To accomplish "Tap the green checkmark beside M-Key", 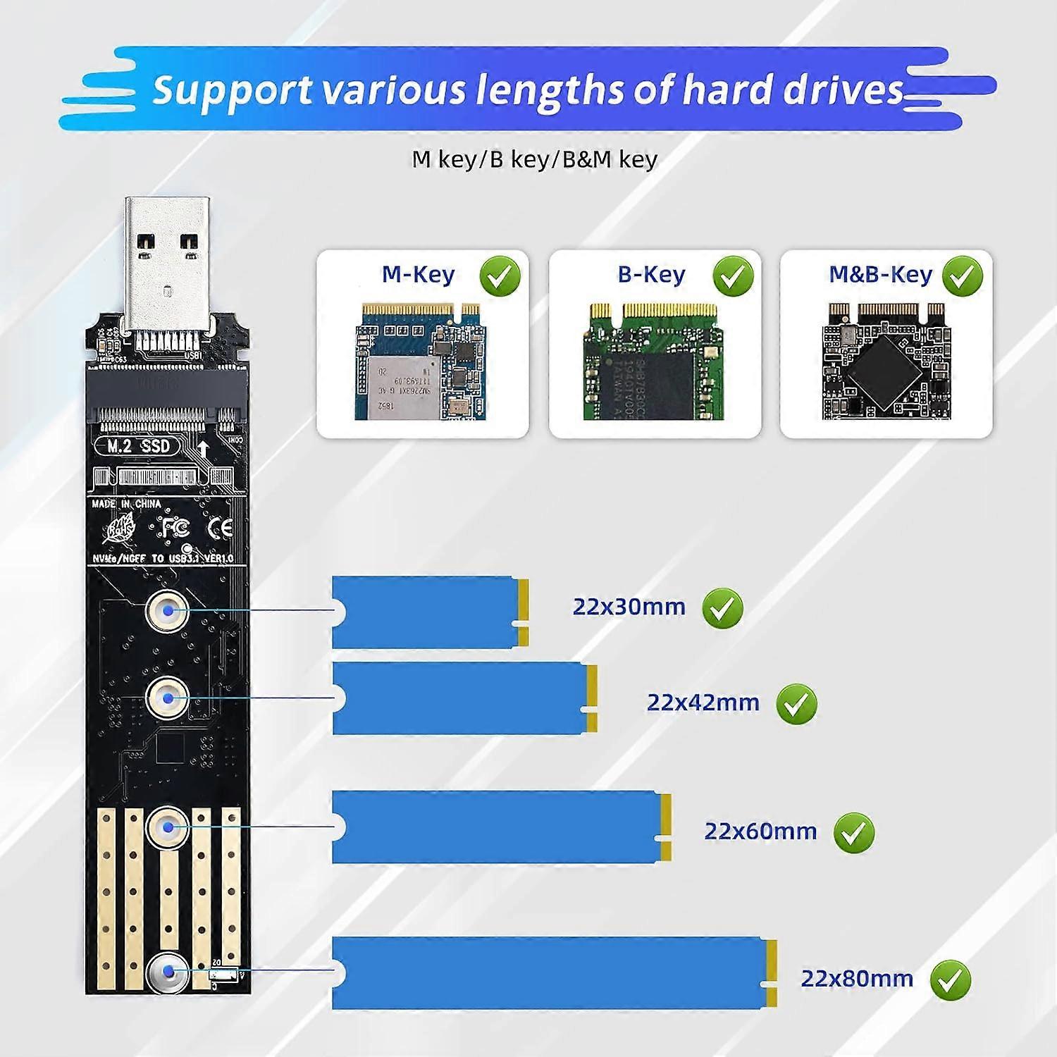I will (x=500, y=276).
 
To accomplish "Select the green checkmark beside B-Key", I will (x=733, y=276).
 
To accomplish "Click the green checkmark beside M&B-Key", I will (x=963, y=276).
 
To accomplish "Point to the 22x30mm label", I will (x=629, y=607).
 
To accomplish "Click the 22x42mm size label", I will (x=703, y=703).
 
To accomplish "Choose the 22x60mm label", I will (x=760, y=832).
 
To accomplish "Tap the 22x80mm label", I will (x=856, y=979).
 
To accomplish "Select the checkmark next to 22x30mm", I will (x=722, y=608).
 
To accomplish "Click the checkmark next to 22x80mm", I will (x=950, y=980).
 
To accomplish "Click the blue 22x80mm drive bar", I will (x=553, y=973).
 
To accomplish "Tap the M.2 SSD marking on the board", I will (x=139, y=446).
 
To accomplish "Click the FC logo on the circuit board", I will (x=173, y=528).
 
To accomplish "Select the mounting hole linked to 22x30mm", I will (x=168, y=610).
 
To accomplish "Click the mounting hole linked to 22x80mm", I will (x=168, y=973).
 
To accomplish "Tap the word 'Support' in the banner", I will (x=232, y=90).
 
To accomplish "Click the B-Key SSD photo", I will (x=653, y=362).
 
